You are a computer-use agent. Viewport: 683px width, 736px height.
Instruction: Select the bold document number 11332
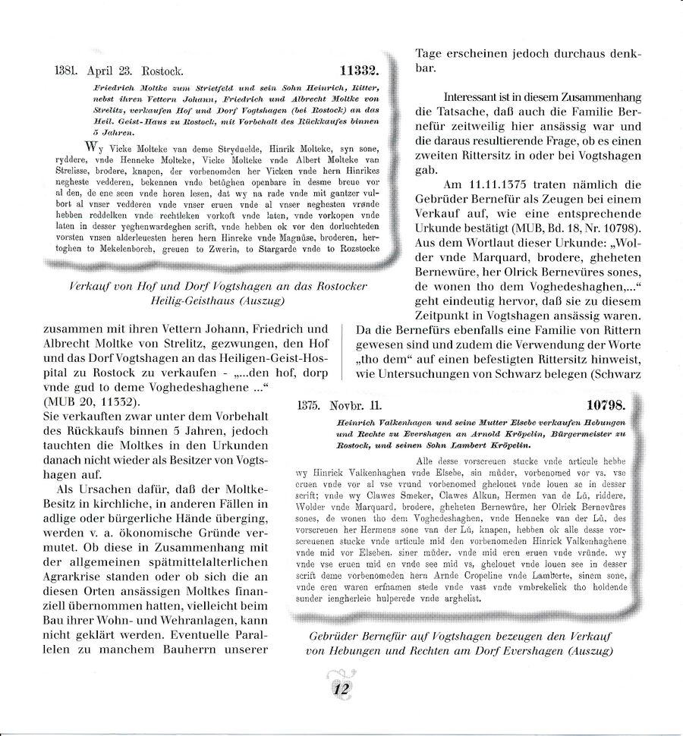359,72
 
